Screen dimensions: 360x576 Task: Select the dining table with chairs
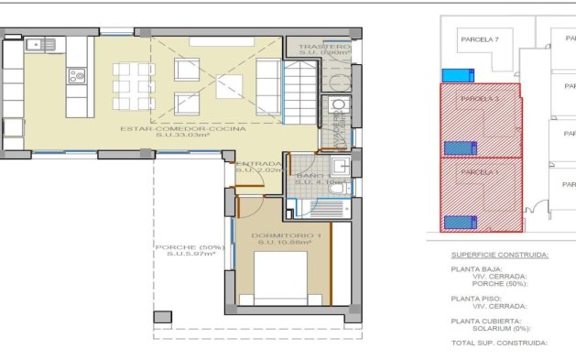pyautogui.click(x=134, y=84)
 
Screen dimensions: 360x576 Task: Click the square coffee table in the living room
pyautogui.click(x=230, y=87)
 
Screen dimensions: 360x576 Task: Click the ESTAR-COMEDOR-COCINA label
pyautogui.click(x=183, y=129)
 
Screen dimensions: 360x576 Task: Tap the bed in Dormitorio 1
pyautogui.click(x=280, y=279)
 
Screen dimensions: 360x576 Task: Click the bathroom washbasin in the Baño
pyautogui.click(x=339, y=166)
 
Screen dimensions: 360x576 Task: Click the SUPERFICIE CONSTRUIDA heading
pyautogui.click(x=500, y=255)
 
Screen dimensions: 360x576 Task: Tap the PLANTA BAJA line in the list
pyautogui.click(x=477, y=269)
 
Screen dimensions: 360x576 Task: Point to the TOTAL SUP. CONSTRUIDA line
pyautogui.click(x=500, y=343)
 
